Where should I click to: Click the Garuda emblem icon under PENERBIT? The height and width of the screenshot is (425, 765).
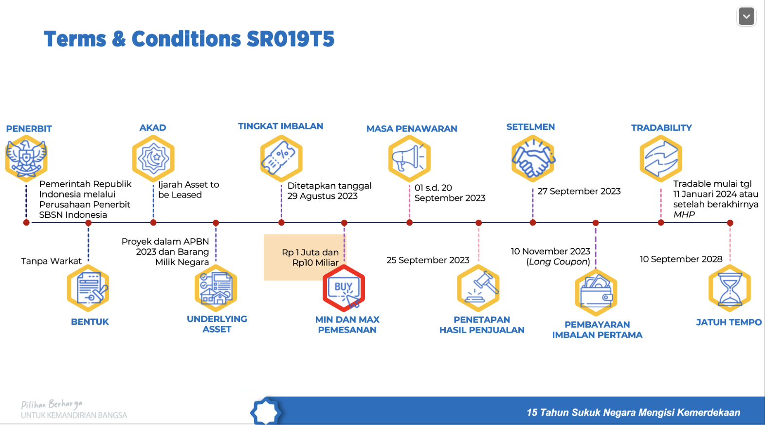26,159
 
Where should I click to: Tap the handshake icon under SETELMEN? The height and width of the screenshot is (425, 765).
533,159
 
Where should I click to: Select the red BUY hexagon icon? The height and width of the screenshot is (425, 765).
344,288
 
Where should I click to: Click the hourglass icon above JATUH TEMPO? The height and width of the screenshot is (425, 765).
729,288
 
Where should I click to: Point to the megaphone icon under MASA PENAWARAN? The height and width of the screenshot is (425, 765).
409,159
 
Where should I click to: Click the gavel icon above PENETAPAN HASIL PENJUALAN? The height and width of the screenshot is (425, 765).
478,288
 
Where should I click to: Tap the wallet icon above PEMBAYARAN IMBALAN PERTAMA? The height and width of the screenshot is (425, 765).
596,292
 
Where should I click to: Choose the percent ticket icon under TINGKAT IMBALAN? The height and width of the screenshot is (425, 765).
281,159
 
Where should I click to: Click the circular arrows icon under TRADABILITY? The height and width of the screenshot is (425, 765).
660,159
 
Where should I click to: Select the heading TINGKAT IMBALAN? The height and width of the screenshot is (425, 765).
280,126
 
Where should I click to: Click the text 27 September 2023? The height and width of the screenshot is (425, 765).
579,191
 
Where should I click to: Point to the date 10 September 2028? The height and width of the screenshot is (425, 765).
680,259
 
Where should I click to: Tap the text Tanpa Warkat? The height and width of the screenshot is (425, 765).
51,261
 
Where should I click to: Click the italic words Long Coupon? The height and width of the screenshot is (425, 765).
558,262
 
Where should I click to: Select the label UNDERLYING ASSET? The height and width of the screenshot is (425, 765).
217,324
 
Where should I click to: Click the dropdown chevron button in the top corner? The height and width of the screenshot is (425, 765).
746,17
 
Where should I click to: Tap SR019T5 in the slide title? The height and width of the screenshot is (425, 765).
291,39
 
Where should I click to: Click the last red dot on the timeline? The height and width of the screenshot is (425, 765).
729,223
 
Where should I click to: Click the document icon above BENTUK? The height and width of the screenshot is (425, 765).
88,288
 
